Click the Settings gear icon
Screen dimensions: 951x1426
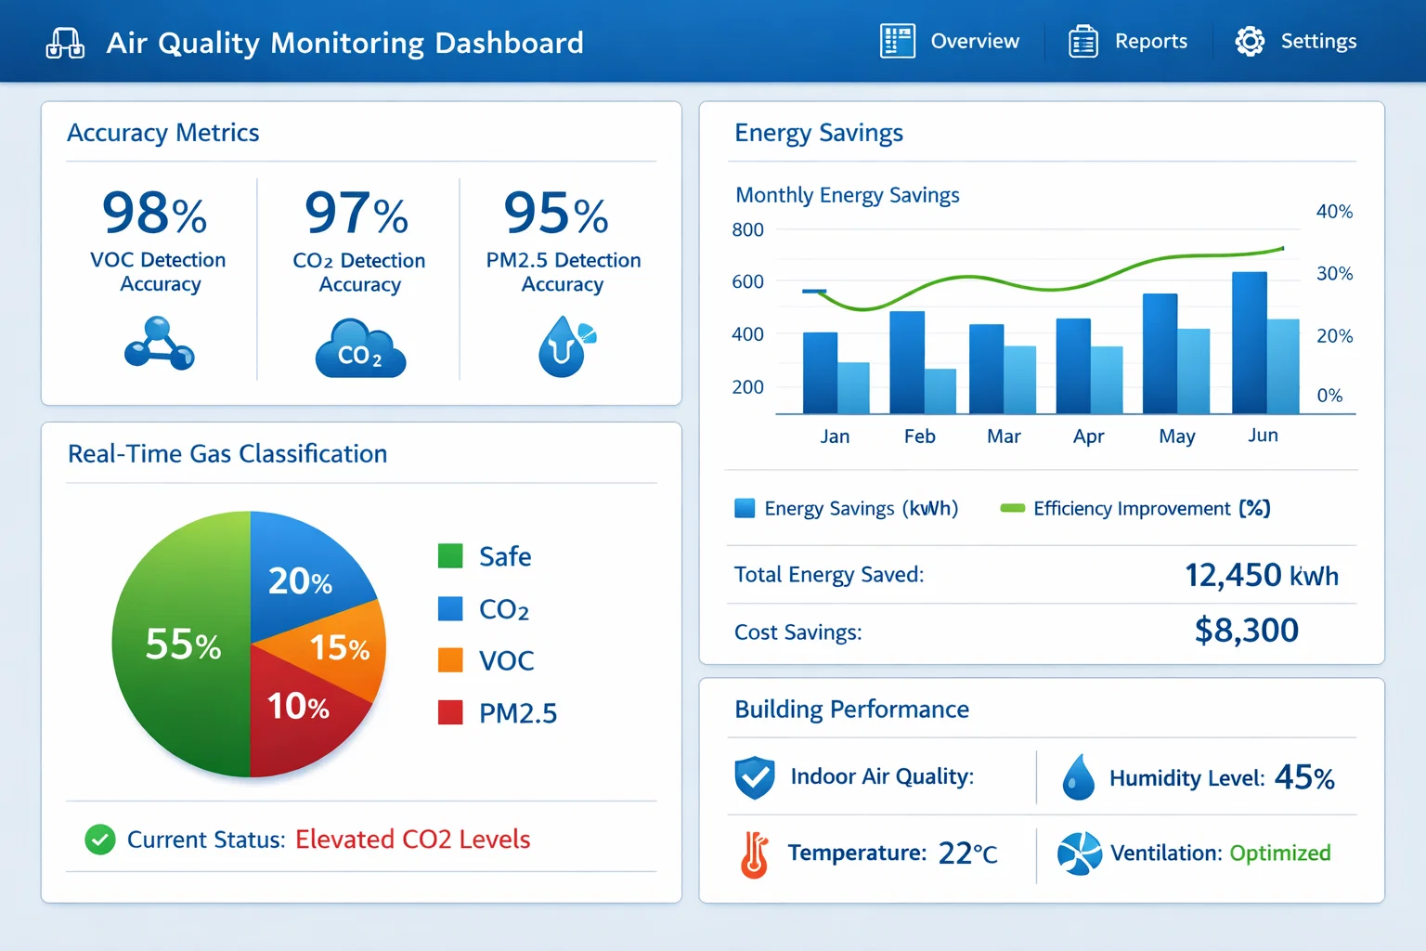[x=1250, y=42]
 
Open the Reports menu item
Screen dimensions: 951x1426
[x=1150, y=42]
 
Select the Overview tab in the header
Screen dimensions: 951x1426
[x=974, y=42]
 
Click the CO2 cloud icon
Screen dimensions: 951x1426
[x=360, y=349]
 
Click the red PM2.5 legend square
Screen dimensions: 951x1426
[x=450, y=712]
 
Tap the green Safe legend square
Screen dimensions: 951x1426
[x=450, y=556]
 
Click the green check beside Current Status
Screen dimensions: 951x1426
[x=100, y=840]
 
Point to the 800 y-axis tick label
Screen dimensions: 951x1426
[x=747, y=229]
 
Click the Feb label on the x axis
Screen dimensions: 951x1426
[x=919, y=436]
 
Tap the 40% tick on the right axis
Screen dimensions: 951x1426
[x=1334, y=212]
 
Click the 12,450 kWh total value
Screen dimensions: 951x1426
[x=1261, y=575]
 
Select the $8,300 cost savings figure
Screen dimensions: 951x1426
[x=1246, y=631]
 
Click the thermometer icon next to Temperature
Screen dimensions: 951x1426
[x=755, y=854]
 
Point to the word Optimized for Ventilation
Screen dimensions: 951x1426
[x=1279, y=853]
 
